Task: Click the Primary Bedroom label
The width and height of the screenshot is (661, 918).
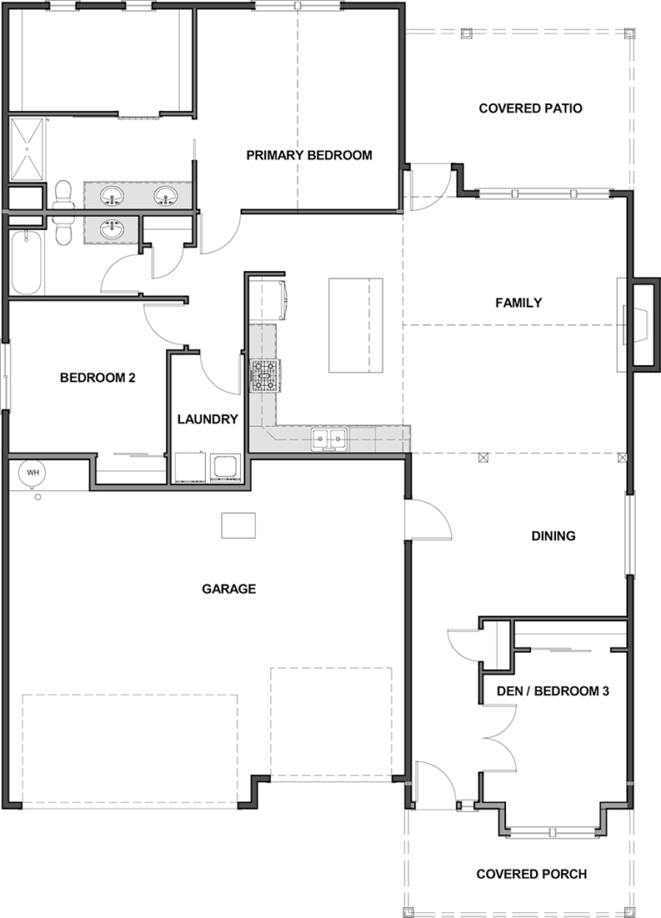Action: tap(309, 155)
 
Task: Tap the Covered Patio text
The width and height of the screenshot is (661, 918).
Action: tap(530, 109)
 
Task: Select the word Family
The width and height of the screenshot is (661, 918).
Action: tap(518, 302)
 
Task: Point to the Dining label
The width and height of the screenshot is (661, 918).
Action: tap(553, 536)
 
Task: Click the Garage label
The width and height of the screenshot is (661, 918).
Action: tap(229, 589)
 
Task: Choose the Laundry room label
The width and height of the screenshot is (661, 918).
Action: tap(207, 419)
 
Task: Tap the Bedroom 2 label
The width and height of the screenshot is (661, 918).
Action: tap(98, 378)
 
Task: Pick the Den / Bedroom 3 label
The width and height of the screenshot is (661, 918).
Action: tap(553, 691)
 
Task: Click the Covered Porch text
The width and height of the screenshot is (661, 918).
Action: tap(531, 874)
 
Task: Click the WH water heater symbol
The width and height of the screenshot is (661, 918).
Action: tap(33, 472)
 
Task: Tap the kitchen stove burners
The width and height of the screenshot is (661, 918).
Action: tap(266, 375)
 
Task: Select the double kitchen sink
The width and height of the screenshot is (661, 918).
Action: tap(328, 439)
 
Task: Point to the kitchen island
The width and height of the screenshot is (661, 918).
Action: tap(355, 326)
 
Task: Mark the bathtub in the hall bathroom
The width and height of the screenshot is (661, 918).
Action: tap(27, 263)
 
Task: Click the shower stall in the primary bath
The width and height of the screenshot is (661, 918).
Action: tap(27, 150)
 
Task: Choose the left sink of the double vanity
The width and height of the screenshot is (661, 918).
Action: tap(112, 195)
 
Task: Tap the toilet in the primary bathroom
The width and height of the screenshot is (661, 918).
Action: tap(62, 195)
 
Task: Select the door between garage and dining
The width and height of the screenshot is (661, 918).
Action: tap(429, 518)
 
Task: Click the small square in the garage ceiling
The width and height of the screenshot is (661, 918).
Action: tap(238, 525)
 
